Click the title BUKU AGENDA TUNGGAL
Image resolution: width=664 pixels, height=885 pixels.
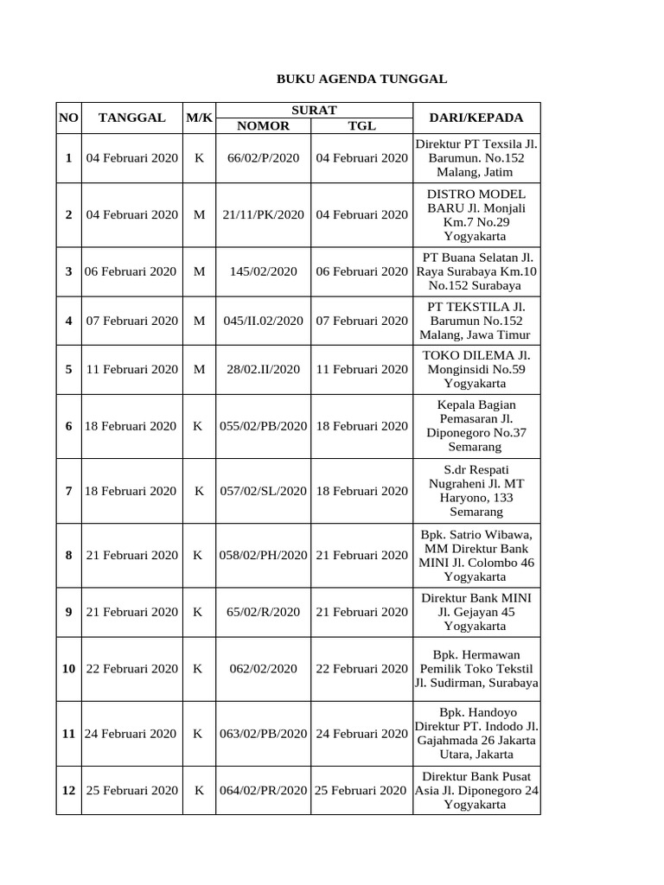click(x=361, y=79)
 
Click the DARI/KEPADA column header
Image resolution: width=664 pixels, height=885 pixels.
click(x=476, y=118)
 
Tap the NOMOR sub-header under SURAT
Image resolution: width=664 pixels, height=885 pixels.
click(x=263, y=126)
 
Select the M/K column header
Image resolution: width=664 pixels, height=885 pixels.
click(x=199, y=118)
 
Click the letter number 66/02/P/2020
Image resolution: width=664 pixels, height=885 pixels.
click(x=263, y=158)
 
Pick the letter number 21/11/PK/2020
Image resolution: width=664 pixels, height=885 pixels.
click(x=263, y=214)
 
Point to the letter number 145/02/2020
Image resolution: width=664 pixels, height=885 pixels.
click(x=263, y=271)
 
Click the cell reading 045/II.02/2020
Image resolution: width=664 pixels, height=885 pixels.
click(x=263, y=321)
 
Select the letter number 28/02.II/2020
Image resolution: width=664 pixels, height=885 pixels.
click(x=263, y=369)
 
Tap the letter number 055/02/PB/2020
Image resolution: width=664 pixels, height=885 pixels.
click(x=263, y=426)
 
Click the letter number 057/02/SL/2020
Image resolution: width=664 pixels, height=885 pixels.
click(x=263, y=491)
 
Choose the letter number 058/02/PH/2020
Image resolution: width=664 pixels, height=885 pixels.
click(x=263, y=555)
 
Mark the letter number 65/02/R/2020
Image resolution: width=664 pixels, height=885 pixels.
click(x=263, y=612)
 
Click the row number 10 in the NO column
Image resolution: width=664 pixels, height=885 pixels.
click(x=68, y=669)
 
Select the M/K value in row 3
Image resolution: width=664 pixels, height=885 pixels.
click(x=199, y=271)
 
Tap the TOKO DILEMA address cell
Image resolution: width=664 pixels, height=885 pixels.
click(x=476, y=369)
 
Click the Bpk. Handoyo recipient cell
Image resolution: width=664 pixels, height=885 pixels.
click(x=476, y=733)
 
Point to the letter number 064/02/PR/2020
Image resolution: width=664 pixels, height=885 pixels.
click(x=263, y=790)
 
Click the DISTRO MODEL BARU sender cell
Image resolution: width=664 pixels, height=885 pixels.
click(x=476, y=214)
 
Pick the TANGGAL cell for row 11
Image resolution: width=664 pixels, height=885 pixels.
click(x=131, y=734)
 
